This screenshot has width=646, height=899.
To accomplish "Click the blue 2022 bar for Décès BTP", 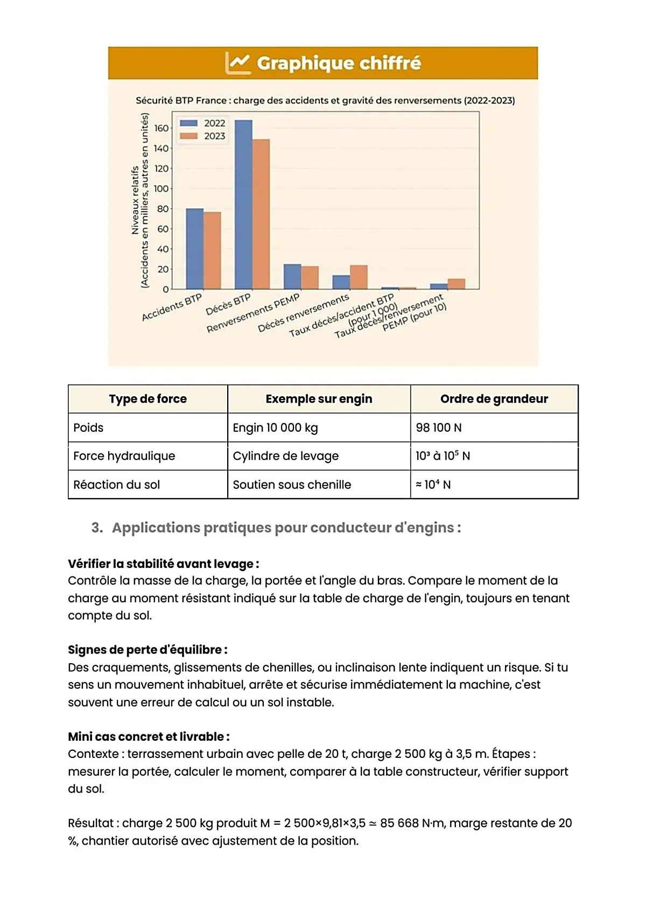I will pyautogui.click(x=243, y=205).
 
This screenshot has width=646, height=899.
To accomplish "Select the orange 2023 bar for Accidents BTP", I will pyautogui.click(x=212, y=250).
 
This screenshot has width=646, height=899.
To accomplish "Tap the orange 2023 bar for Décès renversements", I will pyautogui.click(x=359, y=277).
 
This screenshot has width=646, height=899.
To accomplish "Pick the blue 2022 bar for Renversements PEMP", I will pyautogui.click(x=292, y=277).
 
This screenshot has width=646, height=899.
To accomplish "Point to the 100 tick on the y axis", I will pyautogui.click(x=161, y=189).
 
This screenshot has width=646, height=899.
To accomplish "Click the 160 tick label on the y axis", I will pyautogui.click(x=161, y=128).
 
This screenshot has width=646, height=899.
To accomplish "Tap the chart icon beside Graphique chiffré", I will pyautogui.click(x=237, y=64).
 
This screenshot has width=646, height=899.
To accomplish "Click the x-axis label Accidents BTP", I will pyautogui.click(x=172, y=307).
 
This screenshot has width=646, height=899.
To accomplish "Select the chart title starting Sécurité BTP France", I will pyautogui.click(x=325, y=101).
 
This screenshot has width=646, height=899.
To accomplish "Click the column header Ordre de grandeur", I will pyautogui.click(x=494, y=399).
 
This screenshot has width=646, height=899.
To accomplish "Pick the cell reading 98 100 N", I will pyautogui.click(x=438, y=428).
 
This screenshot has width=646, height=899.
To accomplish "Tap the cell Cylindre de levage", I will pyautogui.click(x=285, y=456).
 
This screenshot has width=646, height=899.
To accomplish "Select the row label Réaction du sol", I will pyautogui.click(x=116, y=484).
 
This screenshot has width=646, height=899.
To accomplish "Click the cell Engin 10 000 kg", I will pyautogui.click(x=275, y=428).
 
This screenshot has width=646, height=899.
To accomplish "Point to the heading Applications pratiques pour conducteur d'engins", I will pyautogui.click(x=286, y=528).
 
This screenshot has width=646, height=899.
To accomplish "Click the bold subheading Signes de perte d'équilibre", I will pyautogui.click(x=147, y=650).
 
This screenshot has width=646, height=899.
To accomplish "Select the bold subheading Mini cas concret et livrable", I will pyautogui.click(x=148, y=736).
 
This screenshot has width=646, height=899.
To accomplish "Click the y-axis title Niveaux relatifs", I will pyautogui.click(x=135, y=200).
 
